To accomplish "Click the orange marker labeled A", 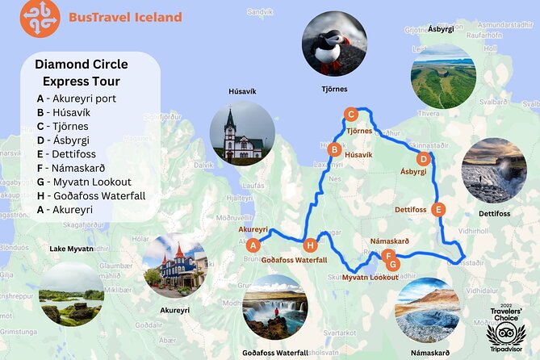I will click(253, 245).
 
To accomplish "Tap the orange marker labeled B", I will click(333, 149).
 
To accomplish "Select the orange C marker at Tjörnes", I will click(350, 114).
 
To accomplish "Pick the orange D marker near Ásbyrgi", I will click(425, 158).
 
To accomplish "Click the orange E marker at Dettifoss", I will click(438, 210).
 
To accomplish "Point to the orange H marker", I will click(311, 245).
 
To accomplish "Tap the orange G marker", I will click(393, 263).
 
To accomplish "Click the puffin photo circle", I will click(334, 43).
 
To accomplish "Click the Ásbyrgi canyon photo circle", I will click(442, 77).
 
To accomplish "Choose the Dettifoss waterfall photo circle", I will click(494, 170).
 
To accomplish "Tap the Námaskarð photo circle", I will click(428, 310).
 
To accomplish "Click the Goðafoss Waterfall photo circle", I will click(274, 307).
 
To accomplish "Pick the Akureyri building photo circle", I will click(175, 266).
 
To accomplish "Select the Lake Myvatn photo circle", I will click(71, 292).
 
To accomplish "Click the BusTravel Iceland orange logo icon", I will click(40, 19).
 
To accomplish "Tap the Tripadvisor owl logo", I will click(505, 333).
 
